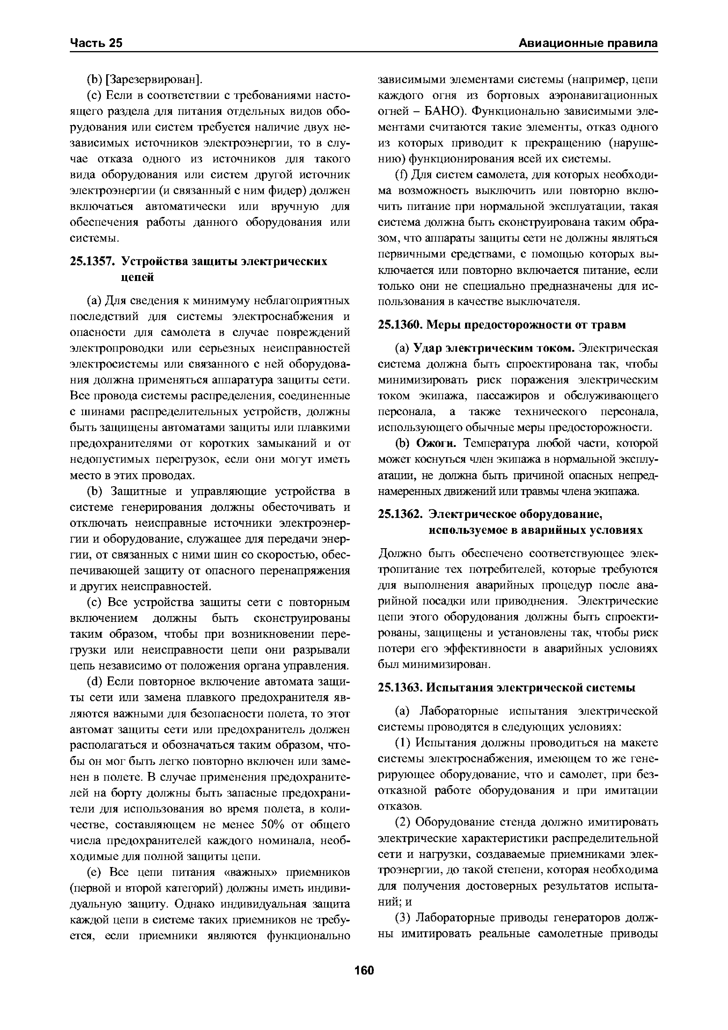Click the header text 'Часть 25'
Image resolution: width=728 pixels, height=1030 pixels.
coord(96,43)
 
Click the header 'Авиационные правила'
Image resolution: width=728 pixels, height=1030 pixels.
coord(588,43)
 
